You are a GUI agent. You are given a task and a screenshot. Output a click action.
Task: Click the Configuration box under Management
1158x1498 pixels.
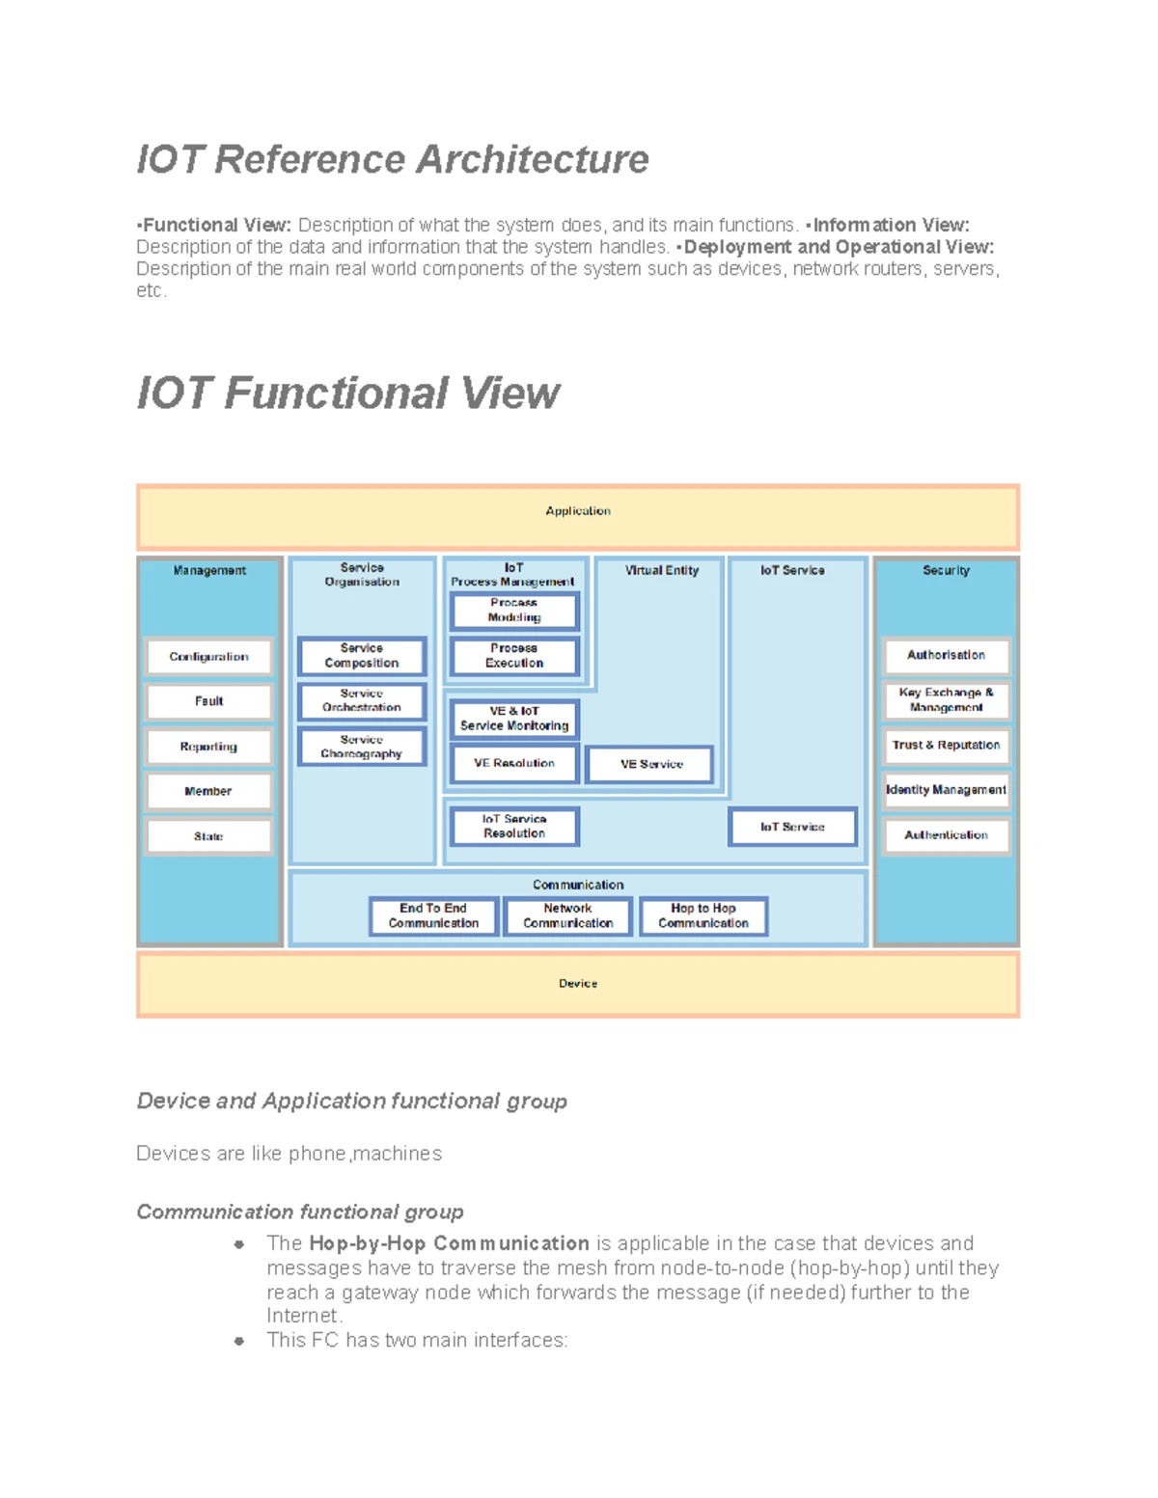pos(208,657)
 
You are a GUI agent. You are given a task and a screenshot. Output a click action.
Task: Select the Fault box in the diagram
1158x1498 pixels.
pos(208,701)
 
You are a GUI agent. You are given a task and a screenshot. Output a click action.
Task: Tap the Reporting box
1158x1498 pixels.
pos(208,747)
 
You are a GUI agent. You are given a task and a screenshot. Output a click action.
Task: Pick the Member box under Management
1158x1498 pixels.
pos(208,791)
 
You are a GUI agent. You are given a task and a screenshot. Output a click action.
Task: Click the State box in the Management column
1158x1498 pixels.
pos(208,836)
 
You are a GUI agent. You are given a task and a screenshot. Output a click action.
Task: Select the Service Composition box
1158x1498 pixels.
pos(362,656)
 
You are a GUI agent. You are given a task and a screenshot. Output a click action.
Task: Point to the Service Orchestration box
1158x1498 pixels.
pos(362,701)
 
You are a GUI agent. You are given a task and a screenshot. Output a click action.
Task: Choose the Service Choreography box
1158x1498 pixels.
pos(362,747)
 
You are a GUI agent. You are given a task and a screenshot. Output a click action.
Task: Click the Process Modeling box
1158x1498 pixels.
pos(514,611)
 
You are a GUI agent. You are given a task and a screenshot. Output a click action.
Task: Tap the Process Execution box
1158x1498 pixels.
pos(514,656)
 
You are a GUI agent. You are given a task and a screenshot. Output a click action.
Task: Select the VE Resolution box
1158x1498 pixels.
pos(514,763)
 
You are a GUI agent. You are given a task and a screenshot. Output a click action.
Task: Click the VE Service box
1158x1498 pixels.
pos(649,764)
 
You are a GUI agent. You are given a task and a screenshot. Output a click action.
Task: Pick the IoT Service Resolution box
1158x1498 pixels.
pos(514,827)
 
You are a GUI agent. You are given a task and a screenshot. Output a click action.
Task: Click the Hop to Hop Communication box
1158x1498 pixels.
pos(703,916)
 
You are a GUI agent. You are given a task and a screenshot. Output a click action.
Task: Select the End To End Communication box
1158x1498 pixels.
pos(433,916)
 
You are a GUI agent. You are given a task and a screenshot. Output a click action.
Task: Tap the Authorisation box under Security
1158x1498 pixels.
pos(946,656)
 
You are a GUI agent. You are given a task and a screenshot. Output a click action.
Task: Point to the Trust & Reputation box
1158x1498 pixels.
pos(946,746)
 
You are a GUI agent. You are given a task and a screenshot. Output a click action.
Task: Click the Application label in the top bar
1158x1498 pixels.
pos(578,511)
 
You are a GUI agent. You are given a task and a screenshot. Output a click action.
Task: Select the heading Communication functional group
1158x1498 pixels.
pos(300,1212)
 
